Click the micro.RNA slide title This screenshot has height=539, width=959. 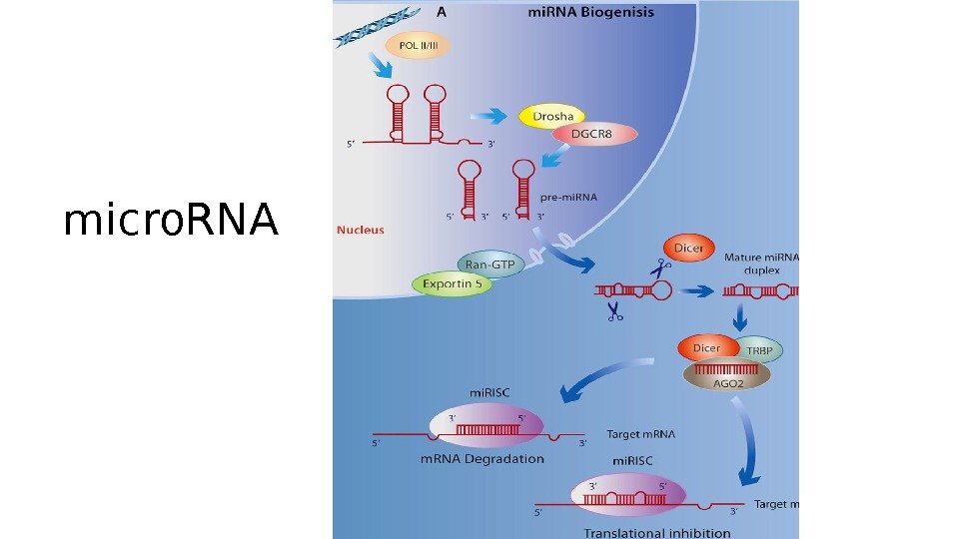(x=170, y=221)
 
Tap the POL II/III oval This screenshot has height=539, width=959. (x=426, y=45)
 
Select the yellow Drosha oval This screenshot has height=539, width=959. (x=552, y=117)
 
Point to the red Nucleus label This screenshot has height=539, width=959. (x=361, y=230)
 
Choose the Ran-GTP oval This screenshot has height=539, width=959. (x=489, y=264)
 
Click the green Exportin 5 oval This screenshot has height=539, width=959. (x=453, y=283)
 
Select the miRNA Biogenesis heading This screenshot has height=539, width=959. (x=590, y=13)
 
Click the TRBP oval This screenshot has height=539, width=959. (x=761, y=349)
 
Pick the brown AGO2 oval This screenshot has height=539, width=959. (x=727, y=376)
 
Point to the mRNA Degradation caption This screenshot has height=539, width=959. (x=481, y=459)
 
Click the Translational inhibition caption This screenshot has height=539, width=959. (x=657, y=533)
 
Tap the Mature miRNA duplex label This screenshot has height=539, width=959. (x=761, y=264)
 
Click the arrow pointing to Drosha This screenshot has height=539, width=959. (x=491, y=116)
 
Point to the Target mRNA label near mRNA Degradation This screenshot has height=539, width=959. (x=640, y=434)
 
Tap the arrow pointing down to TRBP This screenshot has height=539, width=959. (x=741, y=317)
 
